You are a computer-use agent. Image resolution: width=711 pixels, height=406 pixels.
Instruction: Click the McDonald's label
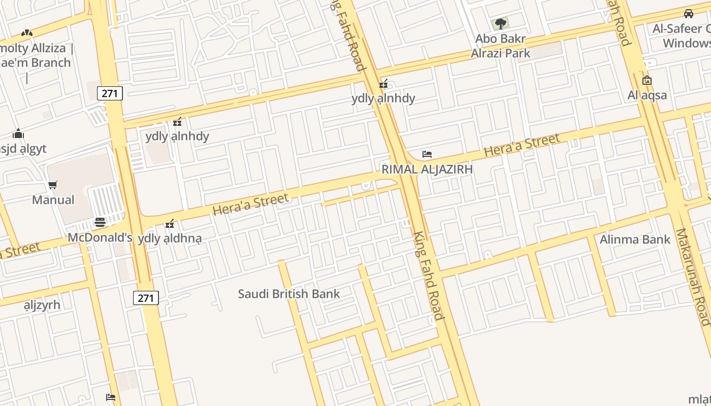pyautogui.click(x=100, y=238)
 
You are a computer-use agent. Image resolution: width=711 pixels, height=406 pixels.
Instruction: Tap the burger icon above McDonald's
pyautogui.click(x=100, y=222)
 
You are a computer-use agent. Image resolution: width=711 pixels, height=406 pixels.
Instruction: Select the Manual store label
pyautogui.click(x=53, y=199)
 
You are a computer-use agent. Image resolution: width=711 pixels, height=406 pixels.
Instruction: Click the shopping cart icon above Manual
pyautogui.click(x=53, y=185)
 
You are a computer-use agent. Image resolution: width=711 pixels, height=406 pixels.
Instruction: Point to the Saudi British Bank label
pyautogui.click(x=289, y=293)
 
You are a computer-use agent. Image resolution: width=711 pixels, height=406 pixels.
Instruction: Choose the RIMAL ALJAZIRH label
pyautogui.click(x=427, y=169)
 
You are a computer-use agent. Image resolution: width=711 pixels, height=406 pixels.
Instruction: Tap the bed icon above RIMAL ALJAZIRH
pyautogui.click(x=427, y=154)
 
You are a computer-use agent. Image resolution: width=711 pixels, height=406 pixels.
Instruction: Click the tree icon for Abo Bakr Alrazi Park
pyautogui.click(x=500, y=23)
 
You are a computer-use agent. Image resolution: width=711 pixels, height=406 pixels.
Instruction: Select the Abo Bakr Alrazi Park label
pyautogui.click(x=500, y=46)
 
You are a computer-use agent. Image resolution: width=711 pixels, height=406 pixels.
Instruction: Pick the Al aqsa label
pyautogui.click(x=647, y=95)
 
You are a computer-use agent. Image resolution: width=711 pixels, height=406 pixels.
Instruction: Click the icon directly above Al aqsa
pyautogui.click(x=647, y=80)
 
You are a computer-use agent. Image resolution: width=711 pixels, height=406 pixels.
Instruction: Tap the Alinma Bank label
pyautogui.click(x=635, y=239)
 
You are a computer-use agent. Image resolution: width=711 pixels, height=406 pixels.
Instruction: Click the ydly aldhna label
pyautogui.click(x=170, y=238)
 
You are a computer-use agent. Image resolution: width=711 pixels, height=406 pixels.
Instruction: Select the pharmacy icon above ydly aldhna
pyautogui.click(x=170, y=223)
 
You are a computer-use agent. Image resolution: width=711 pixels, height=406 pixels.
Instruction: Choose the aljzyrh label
pyautogui.click(x=42, y=305)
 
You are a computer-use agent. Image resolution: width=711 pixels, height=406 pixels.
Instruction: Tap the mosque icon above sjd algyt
pyautogui.click(x=18, y=134)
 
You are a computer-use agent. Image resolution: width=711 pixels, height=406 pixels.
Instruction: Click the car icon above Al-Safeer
pyautogui.click(x=689, y=14)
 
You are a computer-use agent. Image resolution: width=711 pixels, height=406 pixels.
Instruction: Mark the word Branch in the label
pyautogui.click(x=49, y=62)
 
